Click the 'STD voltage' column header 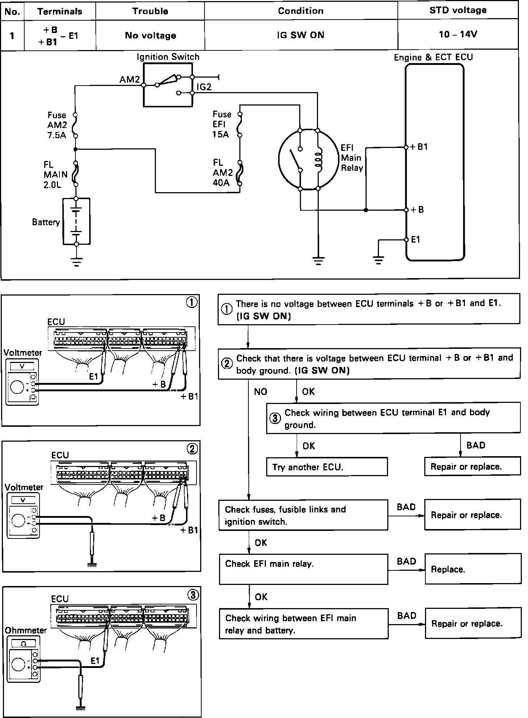click(x=458, y=10)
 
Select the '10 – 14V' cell click(x=458, y=35)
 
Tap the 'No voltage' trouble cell click(x=150, y=35)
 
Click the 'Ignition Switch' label click(x=168, y=57)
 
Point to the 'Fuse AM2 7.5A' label click(x=57, y=125)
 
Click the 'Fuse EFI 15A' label click(x=222, y=124)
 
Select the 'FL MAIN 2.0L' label click(x=55, y=174)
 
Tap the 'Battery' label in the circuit click(x=46, y=222)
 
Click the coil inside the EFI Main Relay click(x=318, y=160)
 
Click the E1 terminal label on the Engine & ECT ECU click(x=416, y=239)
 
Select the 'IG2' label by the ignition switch click(x=204, y=87)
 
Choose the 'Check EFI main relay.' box click(x=303, y=569)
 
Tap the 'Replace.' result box click(x=472, y=569)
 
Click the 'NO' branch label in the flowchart click(x=260, y=392)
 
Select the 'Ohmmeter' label click(x=26, y=630)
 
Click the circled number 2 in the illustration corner click(x=192, y=449)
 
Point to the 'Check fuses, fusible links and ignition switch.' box click(x=303, y=515)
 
